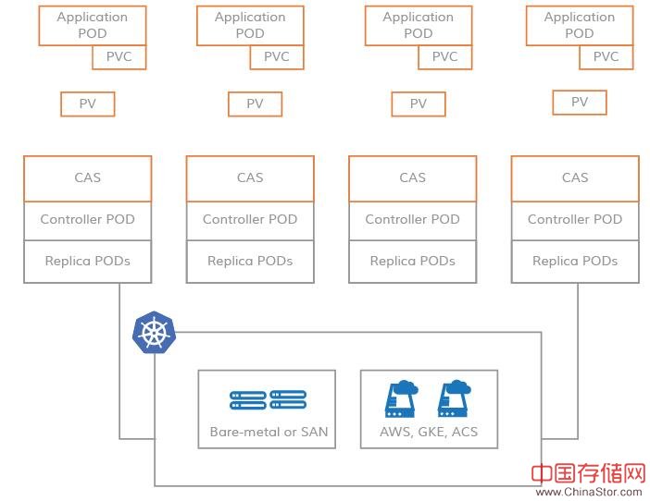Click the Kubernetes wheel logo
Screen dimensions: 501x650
153,334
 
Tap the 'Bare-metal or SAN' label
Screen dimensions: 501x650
269,432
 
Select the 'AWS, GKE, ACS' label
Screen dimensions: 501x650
429,432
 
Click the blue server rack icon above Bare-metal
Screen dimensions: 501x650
268,400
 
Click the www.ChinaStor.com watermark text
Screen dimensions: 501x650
589,492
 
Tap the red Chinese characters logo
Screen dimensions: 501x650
588,473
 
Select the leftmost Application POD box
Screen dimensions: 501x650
93,25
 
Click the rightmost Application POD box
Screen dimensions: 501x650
579,25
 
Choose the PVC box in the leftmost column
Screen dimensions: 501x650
119,56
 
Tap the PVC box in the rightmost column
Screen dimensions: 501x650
606,56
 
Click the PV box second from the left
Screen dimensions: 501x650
255,104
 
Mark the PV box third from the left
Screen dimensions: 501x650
419,104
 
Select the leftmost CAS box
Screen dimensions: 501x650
88,177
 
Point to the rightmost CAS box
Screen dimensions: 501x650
575,177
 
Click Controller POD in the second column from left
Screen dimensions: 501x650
250,219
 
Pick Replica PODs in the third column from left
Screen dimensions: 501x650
413,261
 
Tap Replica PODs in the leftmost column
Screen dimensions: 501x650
88,261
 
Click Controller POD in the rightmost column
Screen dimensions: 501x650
575,219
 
